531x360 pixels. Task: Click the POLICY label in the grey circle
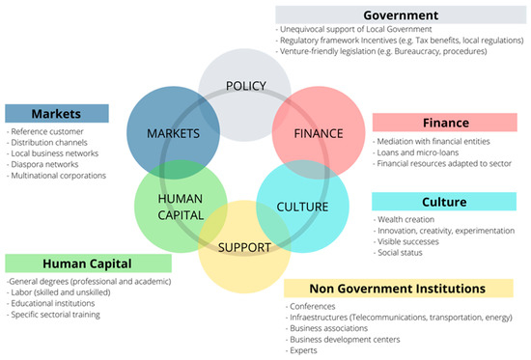pos(245,87)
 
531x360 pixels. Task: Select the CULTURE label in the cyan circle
pos(302,206)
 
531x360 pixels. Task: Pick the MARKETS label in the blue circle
pos(174,132)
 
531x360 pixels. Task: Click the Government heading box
pos(400,14)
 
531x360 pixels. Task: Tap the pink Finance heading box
pos(445,123)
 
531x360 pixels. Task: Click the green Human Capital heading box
pos(74,263)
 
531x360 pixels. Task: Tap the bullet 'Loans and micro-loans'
pos(420,152)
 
